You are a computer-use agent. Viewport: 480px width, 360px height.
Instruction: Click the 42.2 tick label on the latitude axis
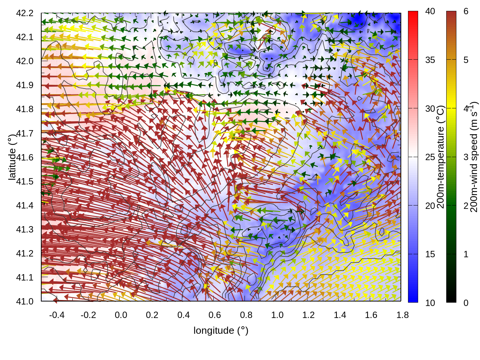[x=25, y=13]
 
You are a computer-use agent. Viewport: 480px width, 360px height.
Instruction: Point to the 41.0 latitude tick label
[x=25, y=301]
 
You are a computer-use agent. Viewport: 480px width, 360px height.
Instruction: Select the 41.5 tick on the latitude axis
[x=25, y=181]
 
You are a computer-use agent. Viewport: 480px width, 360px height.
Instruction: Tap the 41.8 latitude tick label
[x=25, y=109]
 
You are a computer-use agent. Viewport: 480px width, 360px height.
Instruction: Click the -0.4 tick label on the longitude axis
[x=57, y=315]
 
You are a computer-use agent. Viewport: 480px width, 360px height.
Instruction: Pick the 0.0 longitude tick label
[x=121, y=315]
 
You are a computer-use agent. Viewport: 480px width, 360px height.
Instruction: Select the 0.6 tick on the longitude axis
[x=214, y=315]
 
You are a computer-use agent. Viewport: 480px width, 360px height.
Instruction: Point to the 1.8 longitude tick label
[x=402, y=315]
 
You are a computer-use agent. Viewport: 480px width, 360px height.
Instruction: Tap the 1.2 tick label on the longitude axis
[x=309, y=315]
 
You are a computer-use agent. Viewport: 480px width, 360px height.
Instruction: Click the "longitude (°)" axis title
[x=221, y=330]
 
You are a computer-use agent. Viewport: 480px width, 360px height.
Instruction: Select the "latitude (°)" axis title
[x=12, y=157]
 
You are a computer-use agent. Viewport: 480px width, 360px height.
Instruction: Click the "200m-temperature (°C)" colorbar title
[x=441, y=157]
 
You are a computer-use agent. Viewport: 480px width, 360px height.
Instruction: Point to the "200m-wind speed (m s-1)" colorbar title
[x=474, y=157]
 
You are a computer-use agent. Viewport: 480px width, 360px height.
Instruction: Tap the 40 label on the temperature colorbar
[x=430, y=12]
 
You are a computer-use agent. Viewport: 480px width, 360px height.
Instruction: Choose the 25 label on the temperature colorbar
[x=430, y=157]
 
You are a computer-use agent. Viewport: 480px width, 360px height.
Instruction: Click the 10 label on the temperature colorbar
[x=430, y=303]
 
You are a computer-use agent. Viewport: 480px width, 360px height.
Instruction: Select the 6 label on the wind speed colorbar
[x=466, y=12]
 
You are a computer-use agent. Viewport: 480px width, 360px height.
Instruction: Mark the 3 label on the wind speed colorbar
[x=466, y=157]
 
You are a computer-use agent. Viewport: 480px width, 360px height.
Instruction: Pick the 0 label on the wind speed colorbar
[x=466, y=303]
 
